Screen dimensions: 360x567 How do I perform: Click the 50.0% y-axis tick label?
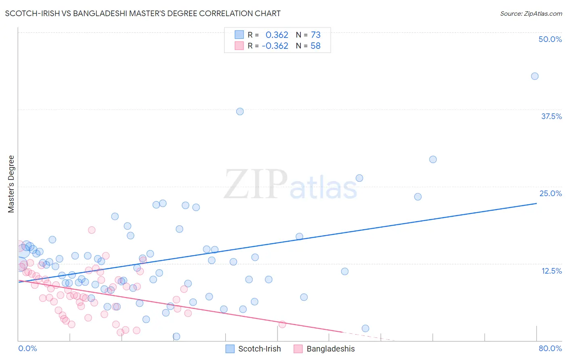click(550, 39)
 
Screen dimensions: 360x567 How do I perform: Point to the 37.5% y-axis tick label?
click(551, 116)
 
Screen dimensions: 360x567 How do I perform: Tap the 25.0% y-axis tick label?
click(550, 193)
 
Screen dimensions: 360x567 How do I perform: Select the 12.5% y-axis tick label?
click(551, 271)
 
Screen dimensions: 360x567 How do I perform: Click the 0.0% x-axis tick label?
click(27, 348)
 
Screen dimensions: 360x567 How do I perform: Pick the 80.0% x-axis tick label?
click(550, 348)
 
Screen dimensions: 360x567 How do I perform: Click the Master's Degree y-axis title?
click(11, 184)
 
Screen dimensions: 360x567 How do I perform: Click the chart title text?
click(143, 13)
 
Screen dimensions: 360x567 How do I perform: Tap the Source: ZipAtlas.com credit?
click(531, 14)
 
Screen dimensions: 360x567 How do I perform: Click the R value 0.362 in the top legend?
click(277, 35)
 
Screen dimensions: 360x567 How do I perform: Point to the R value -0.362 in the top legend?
click(275, 46)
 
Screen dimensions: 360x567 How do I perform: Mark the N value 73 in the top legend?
click(315, 35)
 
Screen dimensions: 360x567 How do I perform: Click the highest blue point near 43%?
click(535, 76)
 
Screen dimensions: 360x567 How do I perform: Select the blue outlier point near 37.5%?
click(240, 111)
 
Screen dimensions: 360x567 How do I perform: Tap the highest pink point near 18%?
click(92, 230)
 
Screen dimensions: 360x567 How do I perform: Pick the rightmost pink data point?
click(282, 324)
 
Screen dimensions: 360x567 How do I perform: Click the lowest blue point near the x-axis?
click(176, 337)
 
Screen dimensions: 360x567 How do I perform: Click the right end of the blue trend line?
click(536, 203)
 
